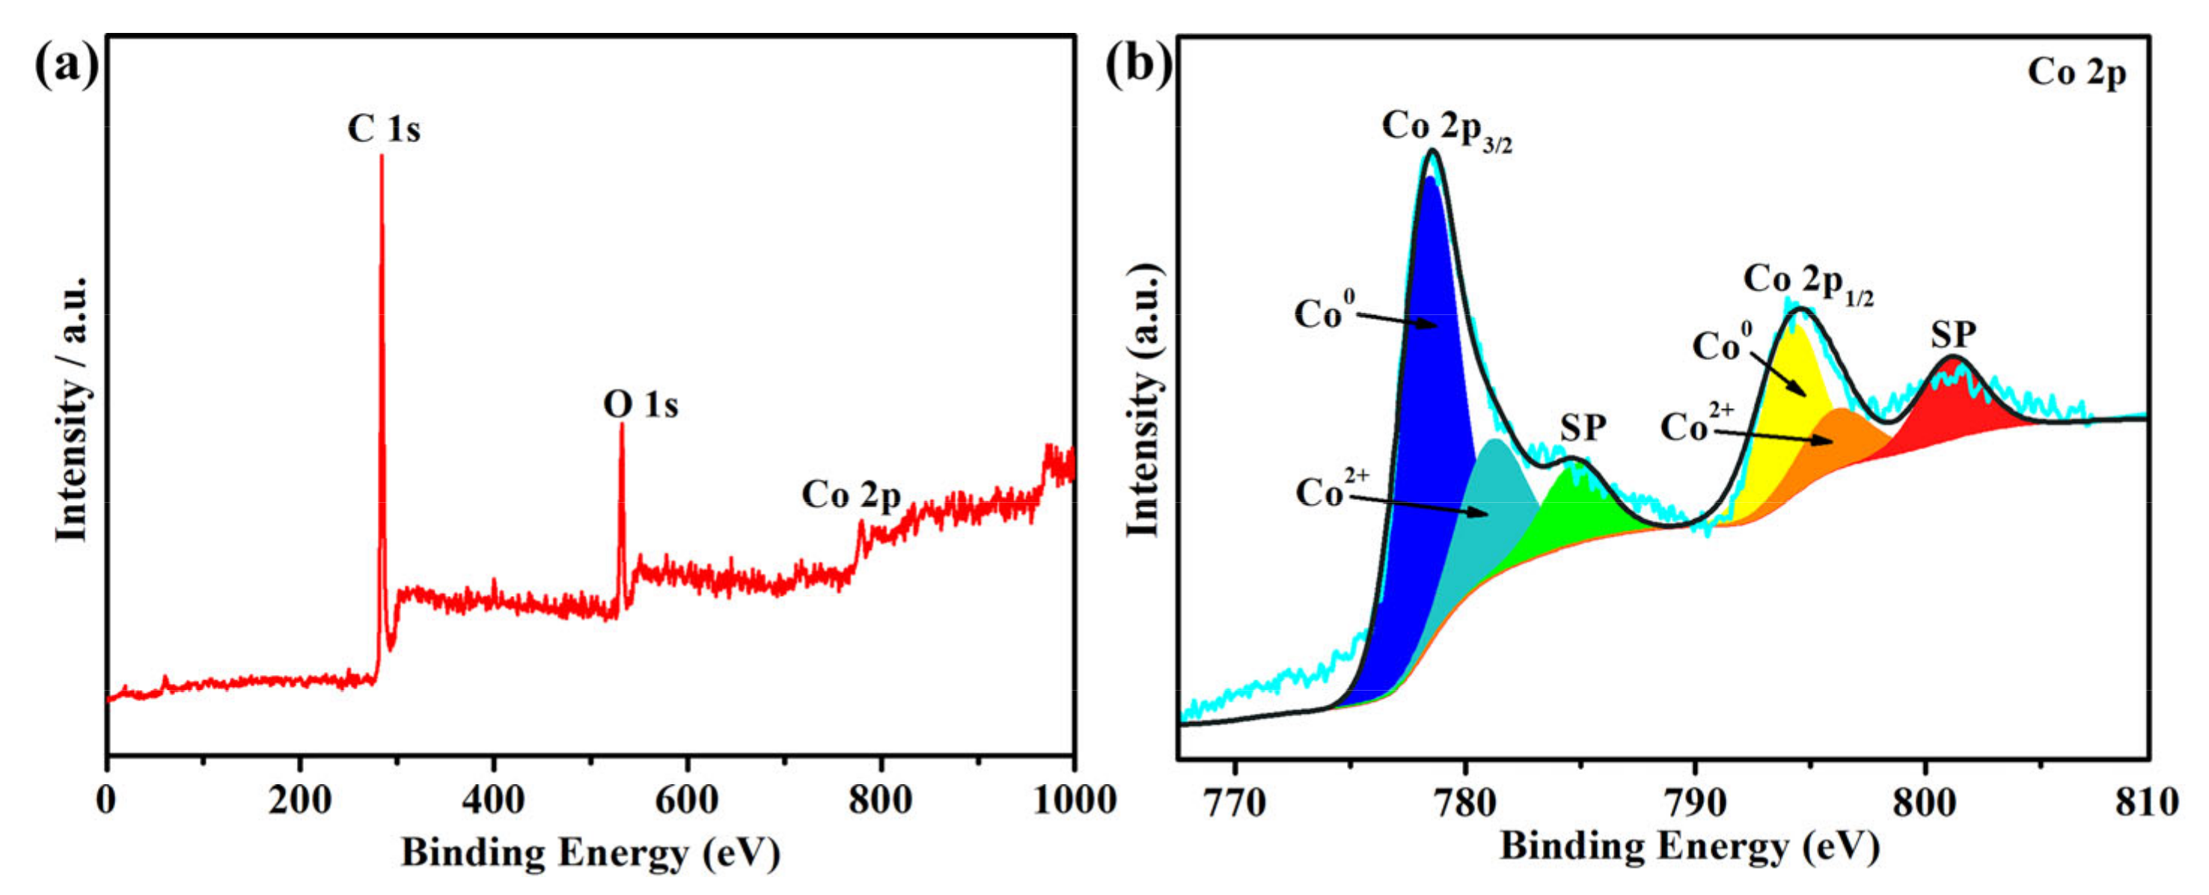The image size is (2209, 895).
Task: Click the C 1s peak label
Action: (383, 129)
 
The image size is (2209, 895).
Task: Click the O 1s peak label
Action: (640, 405)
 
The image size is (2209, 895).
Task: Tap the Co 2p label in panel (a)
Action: (851, 495)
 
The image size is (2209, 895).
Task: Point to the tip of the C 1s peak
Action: (382, 157)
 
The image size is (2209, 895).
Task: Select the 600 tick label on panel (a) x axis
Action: (686, 800)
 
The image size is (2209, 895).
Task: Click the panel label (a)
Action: (66, 66)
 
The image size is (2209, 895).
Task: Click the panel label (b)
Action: (1137, 66)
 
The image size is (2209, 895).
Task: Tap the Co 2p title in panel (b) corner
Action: (2076, 73)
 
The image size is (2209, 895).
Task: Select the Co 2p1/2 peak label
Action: (1808, 283)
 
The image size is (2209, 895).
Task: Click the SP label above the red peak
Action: (1954, 335)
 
